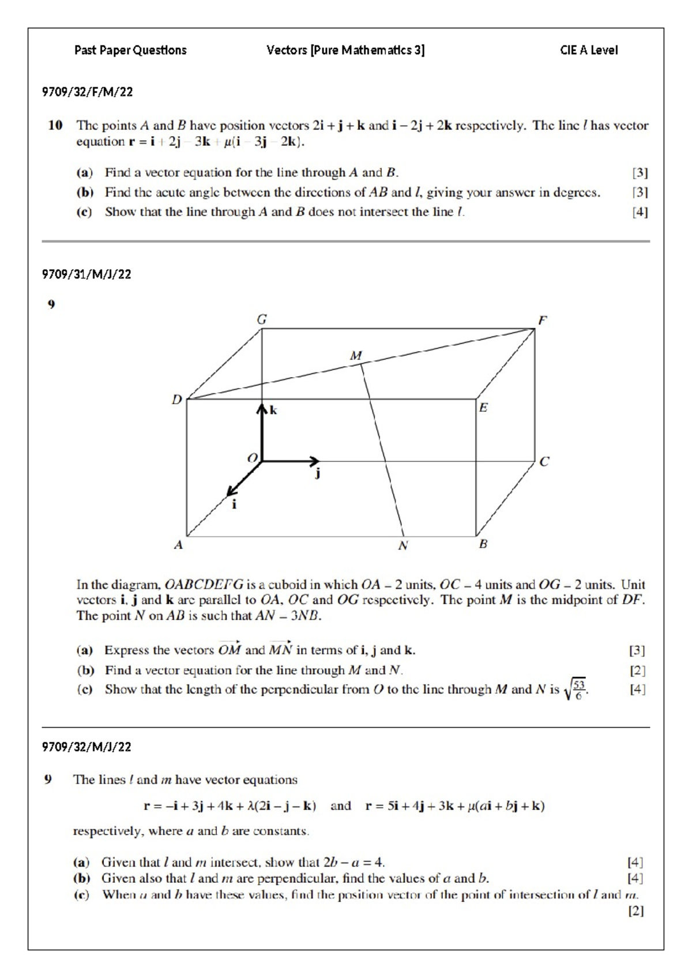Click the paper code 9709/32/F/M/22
tap(87, 92)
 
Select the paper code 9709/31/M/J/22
tap(86, 274)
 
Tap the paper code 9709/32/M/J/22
tap(86, 747)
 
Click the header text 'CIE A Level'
tap(588, 50)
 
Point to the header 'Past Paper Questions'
tap(130, 50)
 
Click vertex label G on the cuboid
tap(261, 319)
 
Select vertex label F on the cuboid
tap(542, 320)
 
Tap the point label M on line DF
tap(356, 356)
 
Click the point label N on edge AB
tap(403, 546)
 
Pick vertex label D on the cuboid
tap(177, 399)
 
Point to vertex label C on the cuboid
tap(544, 462)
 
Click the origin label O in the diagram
tap(252, 458)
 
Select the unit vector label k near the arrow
tap(273, 411)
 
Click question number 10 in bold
tap(55, 126)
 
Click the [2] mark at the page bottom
tap(636, 911)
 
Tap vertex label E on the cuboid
tap(483, 408)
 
